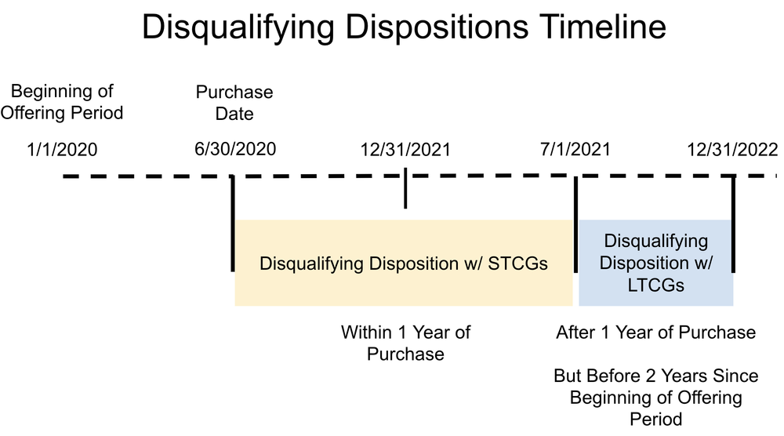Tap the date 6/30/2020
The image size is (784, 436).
[x=235, y=148]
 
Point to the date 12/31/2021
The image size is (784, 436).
[x=406, y=149]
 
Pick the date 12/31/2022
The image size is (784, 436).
[x=732, y=149]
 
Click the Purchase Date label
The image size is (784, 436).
[x=234, y=103]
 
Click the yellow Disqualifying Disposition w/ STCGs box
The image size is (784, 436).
[x=404, y=263]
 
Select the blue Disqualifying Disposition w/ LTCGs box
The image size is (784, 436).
[x=656, y=263]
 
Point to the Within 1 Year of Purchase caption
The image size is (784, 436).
[x=405, y=343]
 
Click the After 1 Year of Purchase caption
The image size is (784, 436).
[x=656, y=332]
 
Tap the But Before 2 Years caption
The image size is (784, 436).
[x=656, y=397]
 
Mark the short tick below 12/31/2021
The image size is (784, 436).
[x=405, y=193]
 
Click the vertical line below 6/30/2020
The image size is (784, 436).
[x=233, y=223]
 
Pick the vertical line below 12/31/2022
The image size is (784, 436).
[x=734, y=223]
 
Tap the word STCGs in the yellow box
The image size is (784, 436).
[x=520, y=263]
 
